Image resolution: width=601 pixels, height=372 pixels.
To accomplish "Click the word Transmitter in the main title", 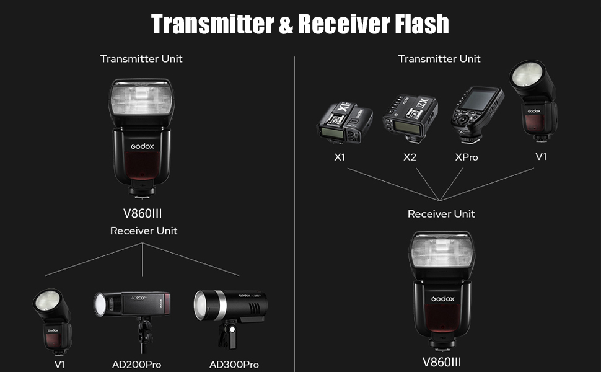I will (x=213, y=24).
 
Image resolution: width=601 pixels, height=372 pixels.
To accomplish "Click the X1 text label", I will (x=340, y=157).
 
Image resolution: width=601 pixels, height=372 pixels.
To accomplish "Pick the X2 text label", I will (x=410, y=157).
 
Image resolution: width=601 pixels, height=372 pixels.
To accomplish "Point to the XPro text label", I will (x=467, y=157).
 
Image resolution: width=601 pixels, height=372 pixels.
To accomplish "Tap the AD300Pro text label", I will (x=234, y=365).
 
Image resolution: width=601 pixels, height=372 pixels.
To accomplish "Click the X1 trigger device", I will (x=344, y=120).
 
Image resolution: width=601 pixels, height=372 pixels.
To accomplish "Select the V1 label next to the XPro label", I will (x=542, y=156).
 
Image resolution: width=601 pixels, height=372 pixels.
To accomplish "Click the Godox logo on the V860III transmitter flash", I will (x=142, y=147).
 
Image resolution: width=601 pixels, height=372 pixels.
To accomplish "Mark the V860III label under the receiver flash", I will (x=442, y=362).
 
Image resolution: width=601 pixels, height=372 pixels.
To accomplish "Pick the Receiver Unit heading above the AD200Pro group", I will (x=144, y=231).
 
